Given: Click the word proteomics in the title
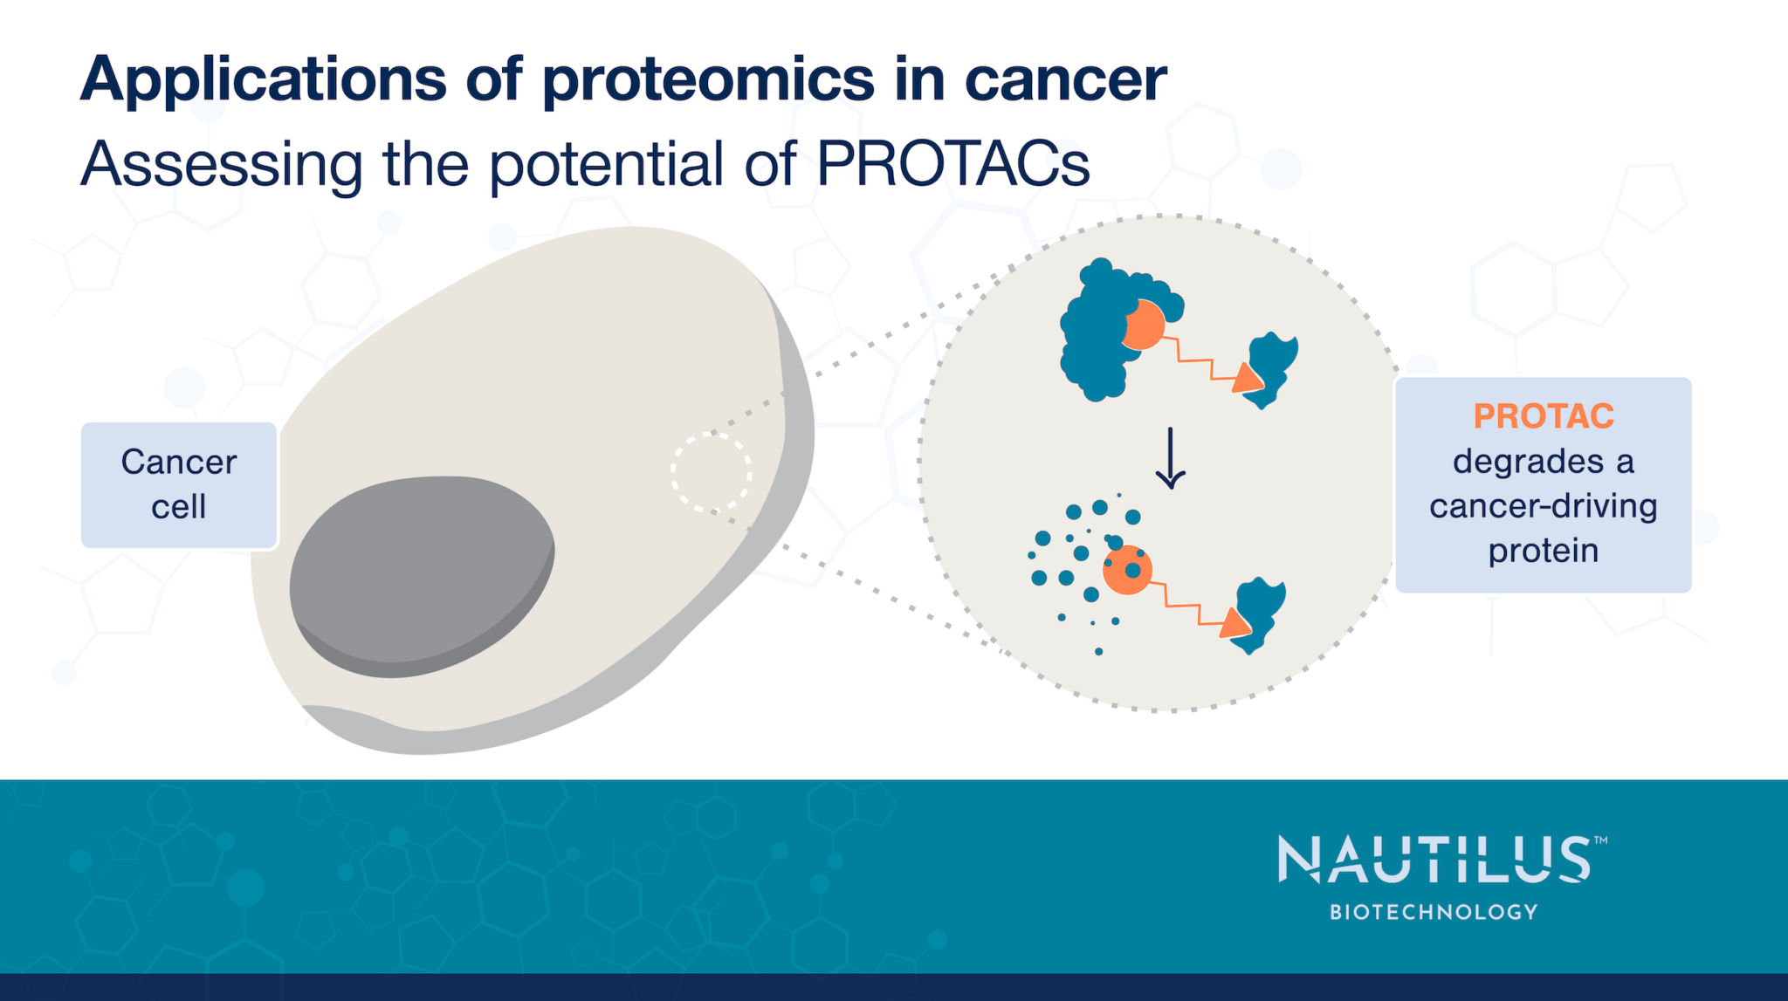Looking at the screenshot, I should (707, 81).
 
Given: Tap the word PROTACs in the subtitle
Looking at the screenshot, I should (952, 163).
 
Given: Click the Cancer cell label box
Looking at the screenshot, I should (179, 485).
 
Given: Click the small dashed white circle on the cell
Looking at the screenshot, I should (711, 471).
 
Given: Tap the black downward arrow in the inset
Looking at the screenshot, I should (1170, 458).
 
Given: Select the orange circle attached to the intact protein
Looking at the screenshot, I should (1142, 325).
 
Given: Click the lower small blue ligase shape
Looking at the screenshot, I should (1262, 611).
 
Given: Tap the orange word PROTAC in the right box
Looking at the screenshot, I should (1543, 416).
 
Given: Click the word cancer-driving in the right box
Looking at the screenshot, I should (1543, 506).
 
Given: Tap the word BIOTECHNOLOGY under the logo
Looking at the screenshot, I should (1433, 912).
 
